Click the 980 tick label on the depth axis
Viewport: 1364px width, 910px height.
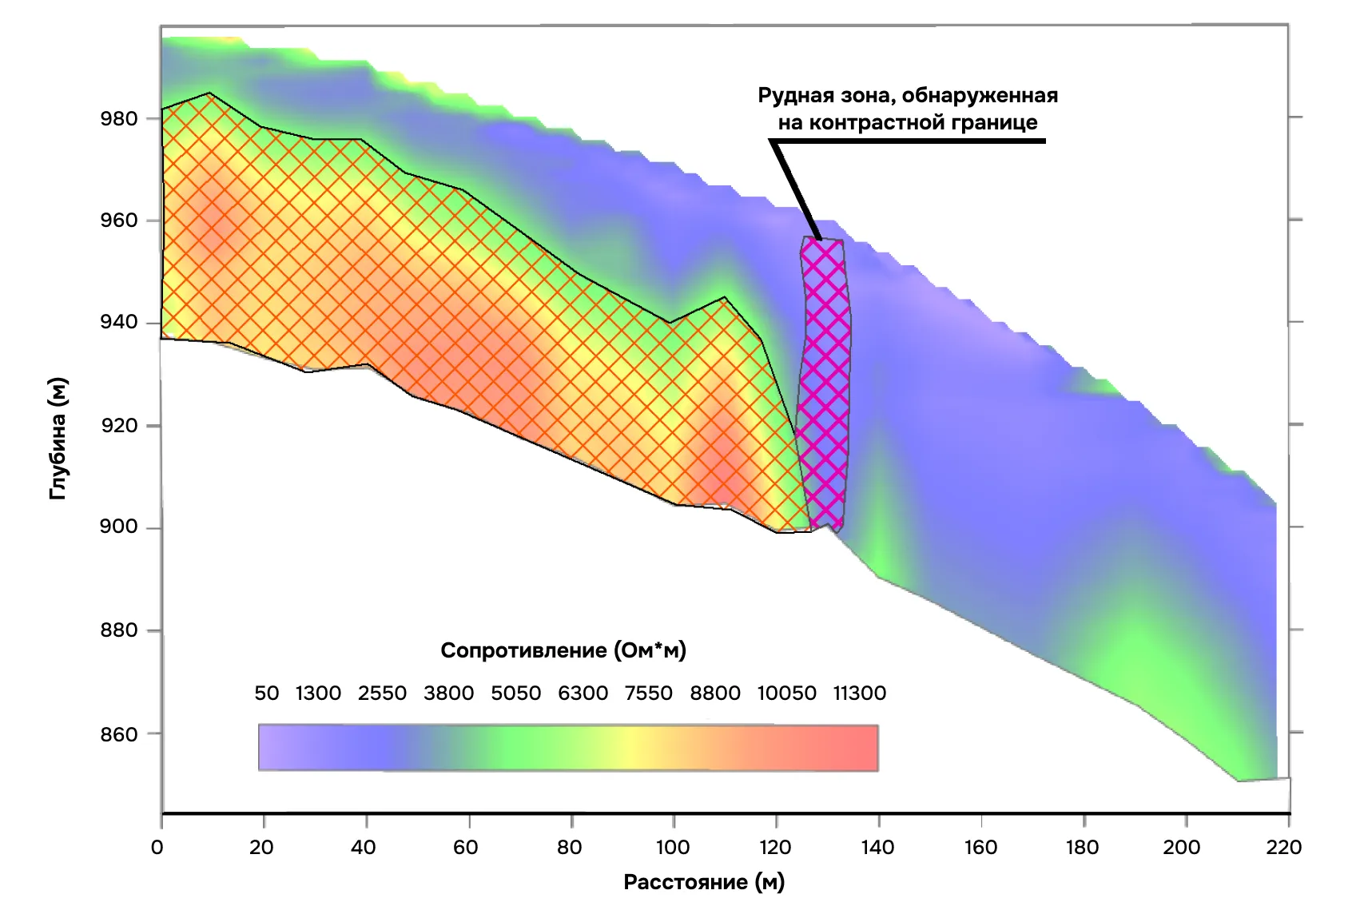point(118,118)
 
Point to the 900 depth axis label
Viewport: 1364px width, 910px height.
point(118,527)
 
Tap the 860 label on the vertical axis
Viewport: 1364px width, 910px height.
point(118,733)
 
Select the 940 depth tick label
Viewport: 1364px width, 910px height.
point(118,323)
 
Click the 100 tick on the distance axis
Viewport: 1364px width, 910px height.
point(673,847)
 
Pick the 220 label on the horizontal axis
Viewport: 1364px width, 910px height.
point(1284,847)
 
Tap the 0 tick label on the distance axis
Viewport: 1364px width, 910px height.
point(157,847)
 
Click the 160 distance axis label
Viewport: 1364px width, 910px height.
point(980,847)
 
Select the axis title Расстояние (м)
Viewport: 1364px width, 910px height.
point(704,882)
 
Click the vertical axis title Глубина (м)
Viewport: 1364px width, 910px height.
point(58,439)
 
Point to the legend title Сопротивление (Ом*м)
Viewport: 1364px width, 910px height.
point(563,650)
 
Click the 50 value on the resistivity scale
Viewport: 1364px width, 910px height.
point(267,693)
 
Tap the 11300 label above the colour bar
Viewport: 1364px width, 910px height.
point(859,693)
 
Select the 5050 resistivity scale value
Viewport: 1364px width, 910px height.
point(515,693)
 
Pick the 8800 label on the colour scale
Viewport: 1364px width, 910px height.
point(715,693)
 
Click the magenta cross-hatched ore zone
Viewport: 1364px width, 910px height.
point(825,383)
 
